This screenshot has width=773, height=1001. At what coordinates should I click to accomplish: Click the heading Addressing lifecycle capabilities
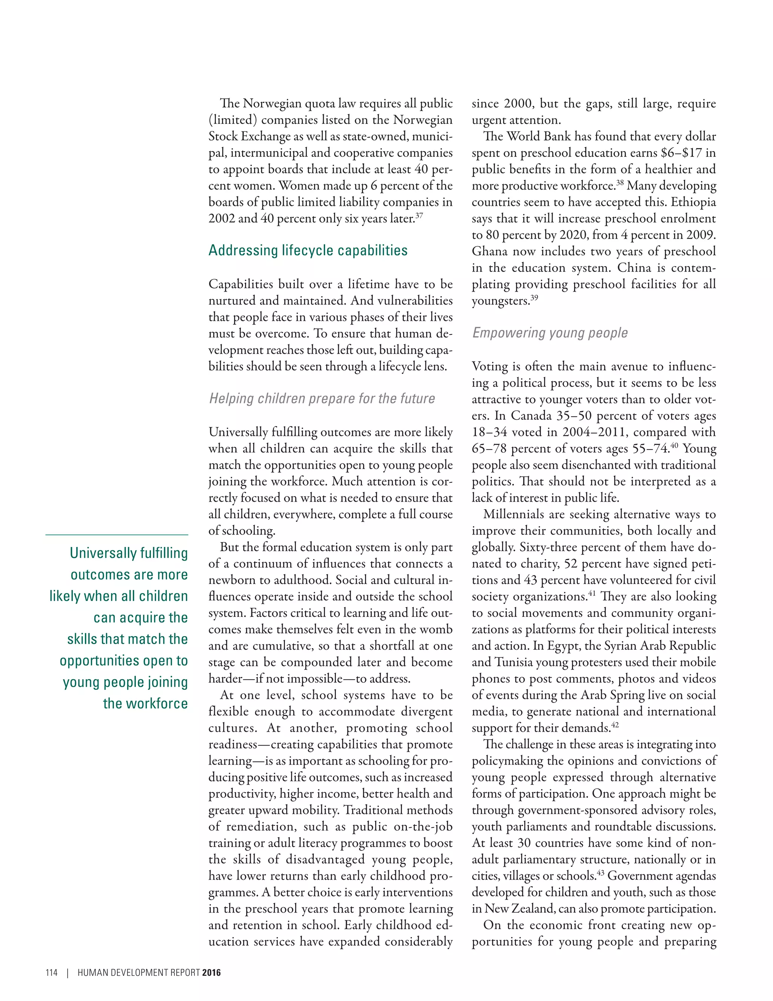click(x=308, y=251)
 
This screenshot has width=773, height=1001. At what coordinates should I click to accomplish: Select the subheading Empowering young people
click(x=550, y=333)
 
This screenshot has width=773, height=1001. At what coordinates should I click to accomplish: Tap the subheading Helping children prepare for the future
click(x=322, y=399)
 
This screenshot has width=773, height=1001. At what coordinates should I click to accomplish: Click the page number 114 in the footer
click(x=51, y=973)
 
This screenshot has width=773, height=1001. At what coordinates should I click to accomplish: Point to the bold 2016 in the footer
click(x=211, y=973)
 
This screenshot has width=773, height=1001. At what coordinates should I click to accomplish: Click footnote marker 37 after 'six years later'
click(x=419, y=215)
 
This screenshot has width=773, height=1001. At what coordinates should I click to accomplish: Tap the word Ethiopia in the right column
click(x=693, y=202)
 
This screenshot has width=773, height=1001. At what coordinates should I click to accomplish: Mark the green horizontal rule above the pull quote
click(x=117, y=535)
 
